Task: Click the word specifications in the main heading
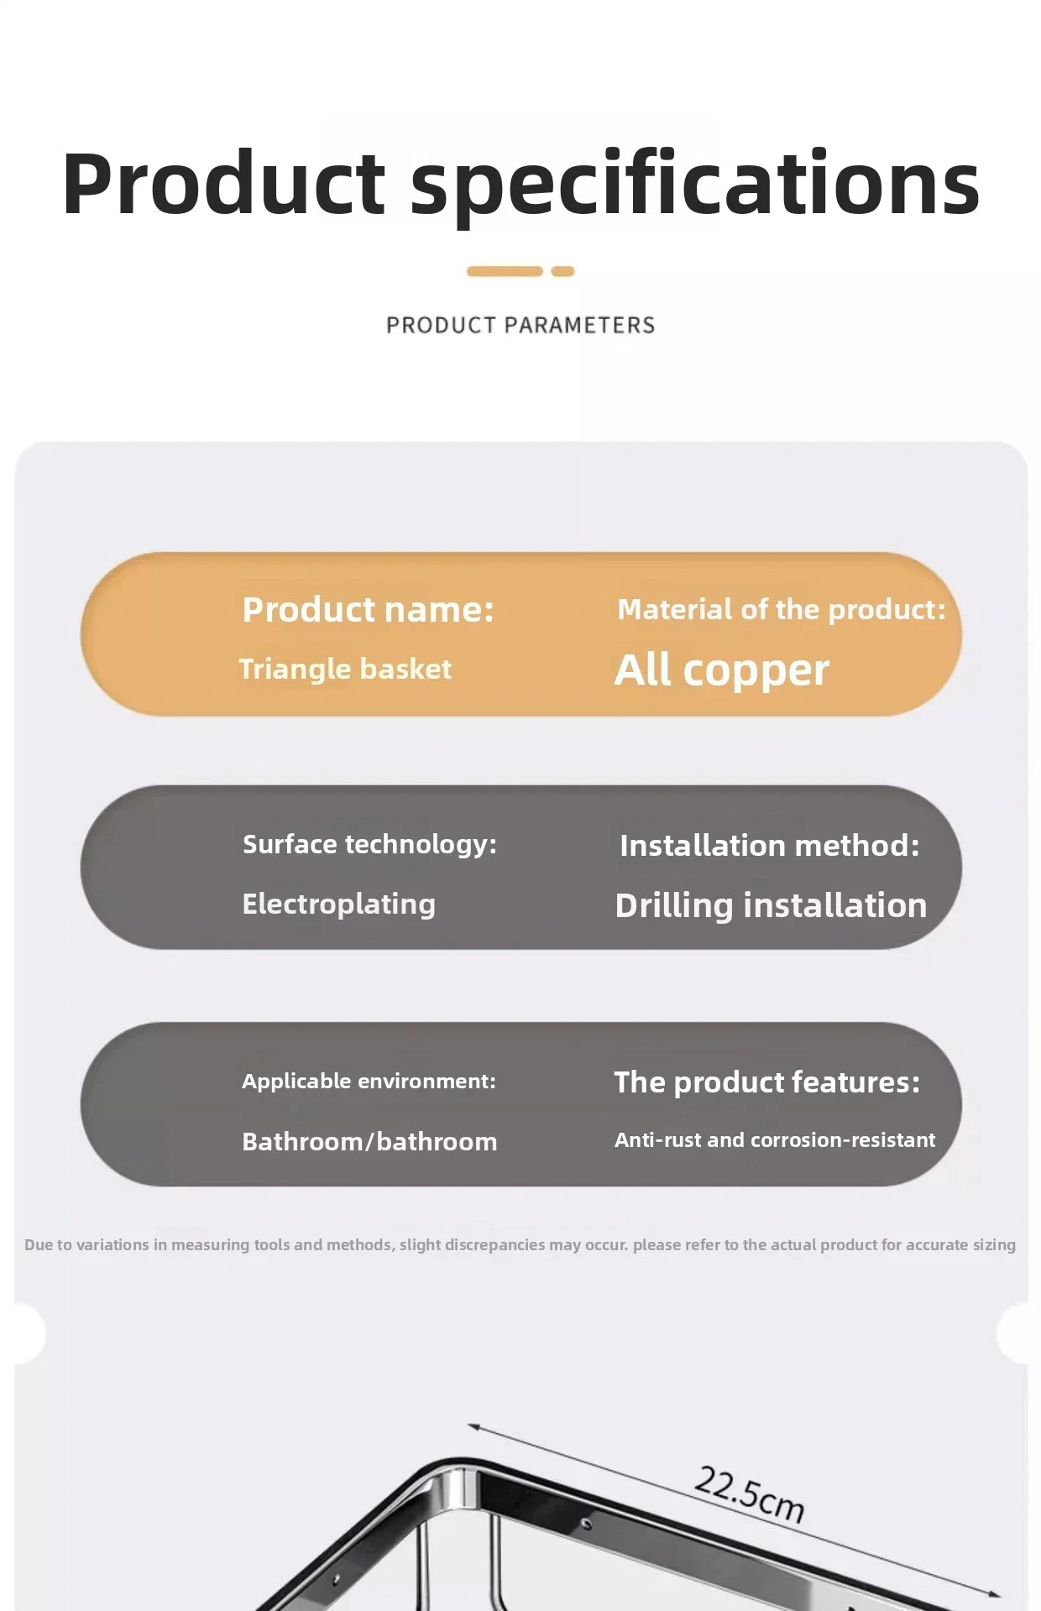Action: coord(695,185)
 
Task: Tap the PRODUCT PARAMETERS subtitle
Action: coord(520,325)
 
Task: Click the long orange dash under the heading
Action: coord(505,271)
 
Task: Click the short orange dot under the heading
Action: coord(562,271)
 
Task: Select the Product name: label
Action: coord(368,609)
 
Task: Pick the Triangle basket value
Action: coord(345,669)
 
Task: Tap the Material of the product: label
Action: coord(782,609)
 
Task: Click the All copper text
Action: coord(722,670)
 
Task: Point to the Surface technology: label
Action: coord(369,844)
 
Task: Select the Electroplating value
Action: coord(338,904)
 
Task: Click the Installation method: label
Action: coord(770,845)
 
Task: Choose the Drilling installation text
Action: coord(771,905)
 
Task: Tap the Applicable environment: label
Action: coord(369,1081)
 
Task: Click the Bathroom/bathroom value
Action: coord(369,1141)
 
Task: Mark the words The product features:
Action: coord(767,1082)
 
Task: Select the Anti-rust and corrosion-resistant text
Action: coord(775,1139)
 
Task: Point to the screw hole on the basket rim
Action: coord(587,1523)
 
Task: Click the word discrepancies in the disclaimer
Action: coord(473,1244)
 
